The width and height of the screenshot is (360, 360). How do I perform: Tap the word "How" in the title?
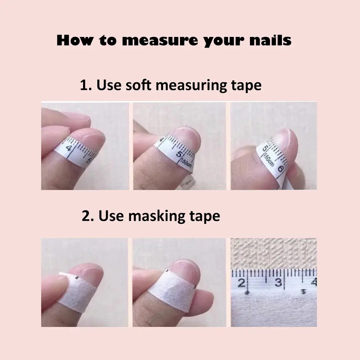75,40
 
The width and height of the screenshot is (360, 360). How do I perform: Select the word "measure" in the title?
160,40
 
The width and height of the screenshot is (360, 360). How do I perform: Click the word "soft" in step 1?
138,85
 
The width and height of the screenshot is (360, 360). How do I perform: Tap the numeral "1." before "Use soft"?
86,85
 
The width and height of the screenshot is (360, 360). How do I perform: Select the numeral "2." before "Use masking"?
88,216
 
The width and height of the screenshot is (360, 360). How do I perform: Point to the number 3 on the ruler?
278,282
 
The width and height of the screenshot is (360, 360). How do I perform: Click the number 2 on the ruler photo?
241,283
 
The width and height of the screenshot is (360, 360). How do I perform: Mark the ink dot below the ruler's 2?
247,292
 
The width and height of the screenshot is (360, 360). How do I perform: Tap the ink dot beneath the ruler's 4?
303,292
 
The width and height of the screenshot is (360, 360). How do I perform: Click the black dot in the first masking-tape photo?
77,278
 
